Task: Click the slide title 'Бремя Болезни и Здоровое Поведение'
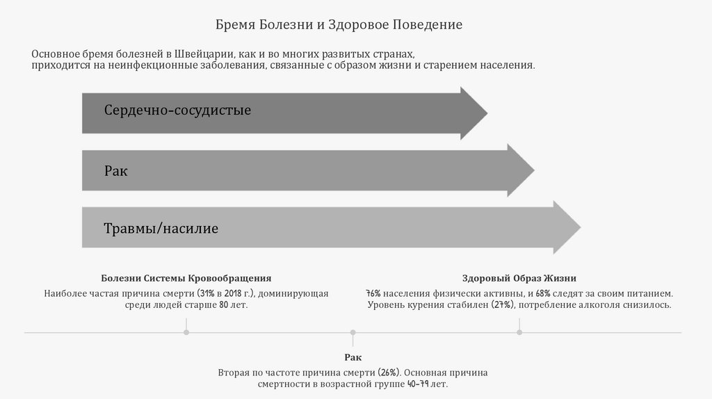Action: (x=338, y=25)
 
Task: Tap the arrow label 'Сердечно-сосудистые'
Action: (x=177, y=110)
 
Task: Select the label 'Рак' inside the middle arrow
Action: (x=115, y=170)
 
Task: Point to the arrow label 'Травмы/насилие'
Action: (x=161, y=228)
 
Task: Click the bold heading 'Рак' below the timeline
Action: (x=353, y=357)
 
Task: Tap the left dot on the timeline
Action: (x=186, y=333)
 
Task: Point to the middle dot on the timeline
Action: (x=353, y=333)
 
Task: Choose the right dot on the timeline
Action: (x=519, y=333)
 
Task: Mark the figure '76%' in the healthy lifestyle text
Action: (x=373, y=293)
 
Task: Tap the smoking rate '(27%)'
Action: (x=503, y=305)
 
